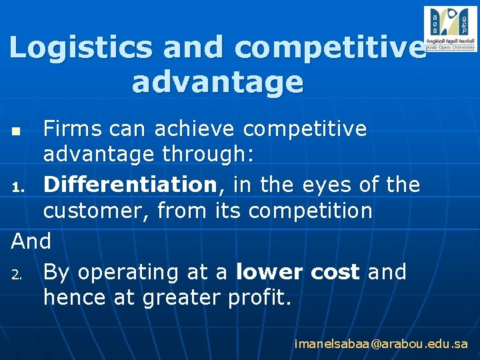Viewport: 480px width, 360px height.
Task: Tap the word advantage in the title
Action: click(x=217, y=83)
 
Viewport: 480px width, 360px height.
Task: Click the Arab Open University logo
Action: click(x=450, y=28)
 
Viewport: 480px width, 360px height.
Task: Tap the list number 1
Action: click(x=19, y=185)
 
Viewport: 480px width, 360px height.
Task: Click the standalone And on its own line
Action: click(x=31, y=241)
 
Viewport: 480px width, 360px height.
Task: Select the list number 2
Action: click(x=19, y=273)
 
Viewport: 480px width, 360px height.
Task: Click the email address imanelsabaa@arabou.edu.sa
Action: click(x=381, y=344)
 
